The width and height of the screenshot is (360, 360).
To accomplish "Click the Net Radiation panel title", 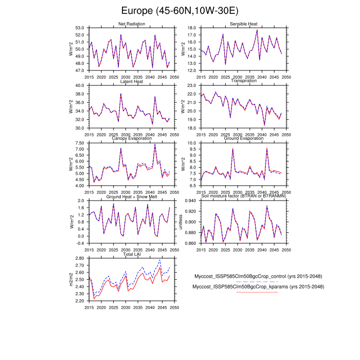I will [132, 24].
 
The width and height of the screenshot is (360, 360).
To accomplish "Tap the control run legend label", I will [257, 276].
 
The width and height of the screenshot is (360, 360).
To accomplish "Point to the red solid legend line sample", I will [257, 292].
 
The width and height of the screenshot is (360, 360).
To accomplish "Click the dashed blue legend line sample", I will [257, 282].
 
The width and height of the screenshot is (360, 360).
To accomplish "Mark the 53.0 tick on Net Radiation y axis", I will [80, 27].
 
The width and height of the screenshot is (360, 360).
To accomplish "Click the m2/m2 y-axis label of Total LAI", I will [70, 279].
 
